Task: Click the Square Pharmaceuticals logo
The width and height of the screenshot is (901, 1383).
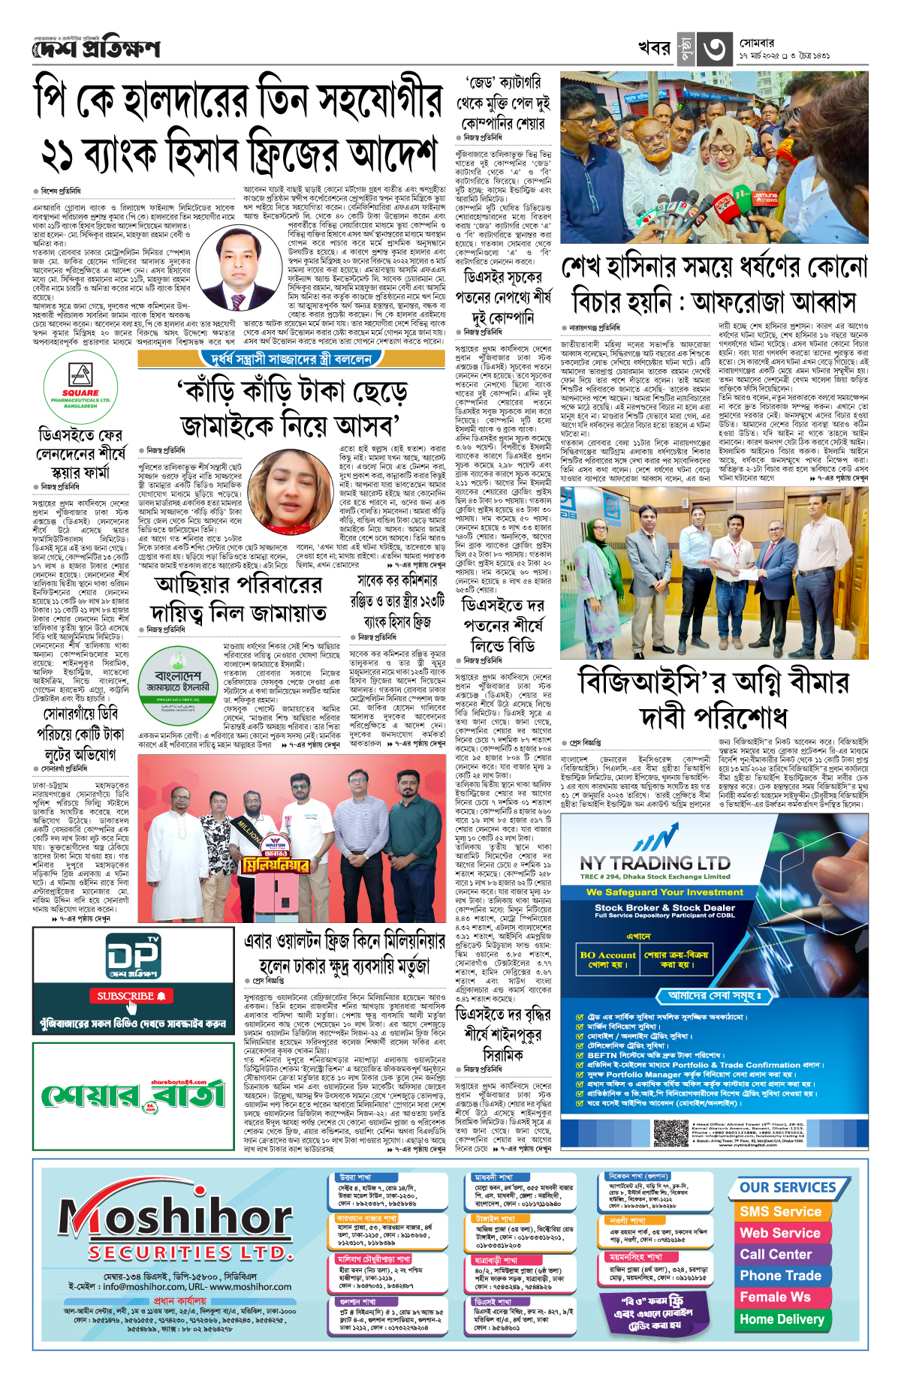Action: [x=80, y=387]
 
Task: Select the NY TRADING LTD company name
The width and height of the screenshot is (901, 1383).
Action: [x=655, y=864]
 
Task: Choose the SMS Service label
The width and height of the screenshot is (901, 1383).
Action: [x=780, y=1211]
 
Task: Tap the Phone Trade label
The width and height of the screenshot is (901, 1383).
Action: [x=780, y=1276]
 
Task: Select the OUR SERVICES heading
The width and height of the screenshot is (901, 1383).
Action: [x=788, y=1187]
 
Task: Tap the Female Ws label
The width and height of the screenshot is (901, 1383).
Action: [x=775, y=1297]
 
